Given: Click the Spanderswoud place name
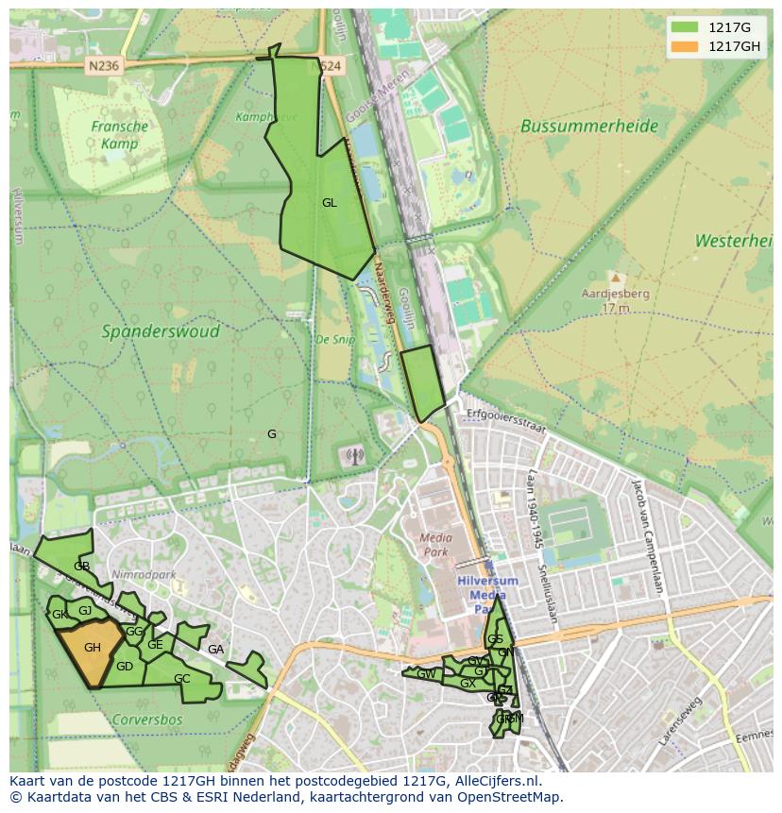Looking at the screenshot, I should [161, 331].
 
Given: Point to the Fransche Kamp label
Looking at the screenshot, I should [120, 135].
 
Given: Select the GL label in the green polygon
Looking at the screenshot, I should [329, 203].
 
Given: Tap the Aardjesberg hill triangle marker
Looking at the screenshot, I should [616, 279].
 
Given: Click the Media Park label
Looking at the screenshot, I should [434, 545].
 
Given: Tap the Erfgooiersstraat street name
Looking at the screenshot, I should [506, 421].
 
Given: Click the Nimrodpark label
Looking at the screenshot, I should [137, 574].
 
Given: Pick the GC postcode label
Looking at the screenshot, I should [182, 679].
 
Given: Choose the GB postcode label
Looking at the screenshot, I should [82, 567].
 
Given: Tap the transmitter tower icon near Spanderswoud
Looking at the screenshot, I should [354, 457].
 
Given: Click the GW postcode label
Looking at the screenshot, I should [426, 674].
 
